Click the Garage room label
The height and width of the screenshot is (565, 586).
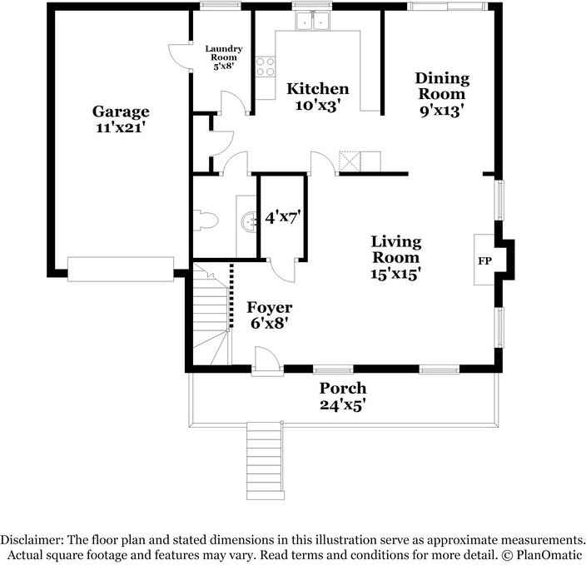click(x=121, y=112)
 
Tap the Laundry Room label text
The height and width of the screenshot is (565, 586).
click(x=224, y=57)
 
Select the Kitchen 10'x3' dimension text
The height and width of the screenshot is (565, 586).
click(x=317, y=106)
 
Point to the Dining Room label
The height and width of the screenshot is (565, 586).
click(x=442, y=86)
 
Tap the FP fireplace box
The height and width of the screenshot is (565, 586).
click(x=484, y=260)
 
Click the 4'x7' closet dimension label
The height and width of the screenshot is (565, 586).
click(x=282, y=217)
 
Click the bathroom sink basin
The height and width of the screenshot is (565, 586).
click(x=248, y=221)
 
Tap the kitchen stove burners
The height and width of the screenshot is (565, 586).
click(x=266, y=67)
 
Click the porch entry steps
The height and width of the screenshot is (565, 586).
click(x=265, y=460)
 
